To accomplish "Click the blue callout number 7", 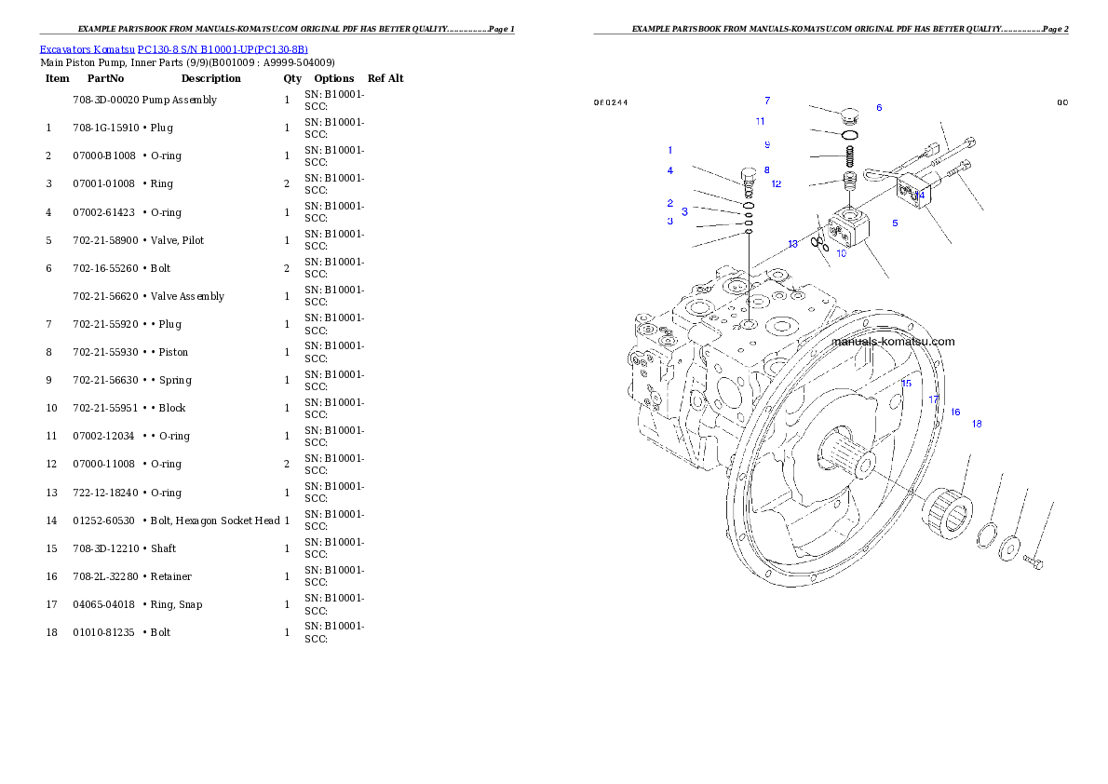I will click(x=767, y=101).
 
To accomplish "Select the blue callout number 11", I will click(x=760, y=121).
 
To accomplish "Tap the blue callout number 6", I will click(x=879, y=108).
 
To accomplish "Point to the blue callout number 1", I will click(x=669, y=150).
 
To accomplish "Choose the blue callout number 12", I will click(x=776, y=183).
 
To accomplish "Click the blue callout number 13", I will click(x=792, y=244).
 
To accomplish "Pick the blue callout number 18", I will click(x=977, y=424).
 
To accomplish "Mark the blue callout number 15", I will click(x=906, y=383).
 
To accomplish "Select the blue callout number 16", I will click(x=954, y=412).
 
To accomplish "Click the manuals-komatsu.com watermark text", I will click(x=892, y=341).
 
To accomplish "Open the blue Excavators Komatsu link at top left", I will click(x=173, y=49).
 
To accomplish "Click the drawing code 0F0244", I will click(x=611, y=102).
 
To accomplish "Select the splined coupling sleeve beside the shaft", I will click(x=948, y=512).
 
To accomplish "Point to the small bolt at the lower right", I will click(x=1033, y=561).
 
